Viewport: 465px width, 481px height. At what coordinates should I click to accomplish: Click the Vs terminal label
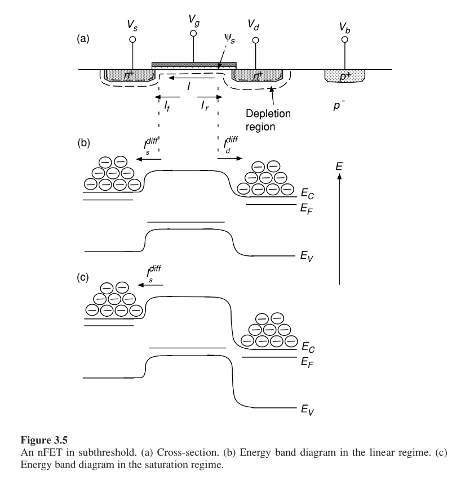pyautogui.click(x=132, y=25)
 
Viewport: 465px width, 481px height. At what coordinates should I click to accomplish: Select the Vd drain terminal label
pyautogui.click(x=254, y=25)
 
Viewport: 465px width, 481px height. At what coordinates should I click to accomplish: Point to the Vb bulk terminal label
pyautogui.click(x=344, y=28)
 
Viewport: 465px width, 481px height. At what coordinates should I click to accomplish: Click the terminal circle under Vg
pyautogui.click(x=193, y=33)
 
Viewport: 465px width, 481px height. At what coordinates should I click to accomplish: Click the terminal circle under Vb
pyautogui.click(x=345, y=39)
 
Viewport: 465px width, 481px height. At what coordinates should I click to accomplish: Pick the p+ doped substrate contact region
pyautogui.click(x=345, y=75)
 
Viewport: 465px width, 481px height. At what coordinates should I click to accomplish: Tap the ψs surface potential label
pyautogui.click(x=229, y=39)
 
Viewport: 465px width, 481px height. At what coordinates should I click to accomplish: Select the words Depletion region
pyautogui.click(x=268, y=120)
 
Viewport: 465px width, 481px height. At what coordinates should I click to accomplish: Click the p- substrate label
pyautogui.click(x=339, y=105)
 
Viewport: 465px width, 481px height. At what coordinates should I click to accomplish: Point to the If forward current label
pyautogui.click(x=167, y=106)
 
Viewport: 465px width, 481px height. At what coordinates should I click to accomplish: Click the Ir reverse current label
pyautogui.click(x=205, y=106)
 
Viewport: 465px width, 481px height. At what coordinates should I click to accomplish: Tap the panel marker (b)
pyautogui.click(x=83, y=143)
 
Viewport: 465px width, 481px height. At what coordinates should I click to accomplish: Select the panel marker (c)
pyautogui.click(x=83, y=277)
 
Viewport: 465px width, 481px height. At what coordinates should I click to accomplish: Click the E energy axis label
pyautogui.click(x=339, y=167)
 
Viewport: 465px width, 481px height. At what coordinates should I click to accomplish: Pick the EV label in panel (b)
pyautogui.click(x=307, y=256)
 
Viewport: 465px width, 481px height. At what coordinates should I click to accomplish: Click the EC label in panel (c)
pyautogui.click(x=308, y=347)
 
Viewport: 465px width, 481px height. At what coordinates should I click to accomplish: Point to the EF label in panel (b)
pyautogui.click(x=307, y=209)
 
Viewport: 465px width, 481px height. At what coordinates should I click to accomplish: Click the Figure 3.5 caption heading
pyautogui.click(x=44, y=440)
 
